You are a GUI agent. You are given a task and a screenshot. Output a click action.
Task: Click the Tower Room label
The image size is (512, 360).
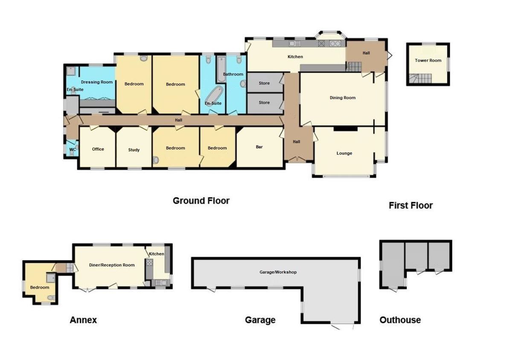tap(428, 61)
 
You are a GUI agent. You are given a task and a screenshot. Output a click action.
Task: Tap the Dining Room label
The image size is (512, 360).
tap(343, 98)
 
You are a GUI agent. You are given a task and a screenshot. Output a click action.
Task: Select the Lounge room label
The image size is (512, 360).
tap(344, 153)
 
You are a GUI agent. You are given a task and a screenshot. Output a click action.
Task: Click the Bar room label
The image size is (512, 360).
tap(259, 147)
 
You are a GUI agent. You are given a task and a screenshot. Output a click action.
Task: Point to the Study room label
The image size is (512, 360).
tap(134, 150)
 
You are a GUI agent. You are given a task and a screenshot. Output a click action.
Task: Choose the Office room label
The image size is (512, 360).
tap(98, 149)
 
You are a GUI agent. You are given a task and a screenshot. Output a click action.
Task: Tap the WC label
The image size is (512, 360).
tap(73, 150)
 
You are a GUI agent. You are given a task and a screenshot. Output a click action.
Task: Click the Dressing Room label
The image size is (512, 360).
tap(97, 82)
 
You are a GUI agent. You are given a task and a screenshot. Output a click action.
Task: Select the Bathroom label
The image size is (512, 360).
tap(233, 74)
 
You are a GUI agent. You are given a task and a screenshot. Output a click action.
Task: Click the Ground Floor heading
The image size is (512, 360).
tap(201, 200)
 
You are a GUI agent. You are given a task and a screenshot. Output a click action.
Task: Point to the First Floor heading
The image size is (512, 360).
tap(410, 206)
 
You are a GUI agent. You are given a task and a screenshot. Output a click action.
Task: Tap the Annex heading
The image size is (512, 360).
tap(83, 320)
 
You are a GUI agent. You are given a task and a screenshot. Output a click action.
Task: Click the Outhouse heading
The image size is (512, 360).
tap(400, 320)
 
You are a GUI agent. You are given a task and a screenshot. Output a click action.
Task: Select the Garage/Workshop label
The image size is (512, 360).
tap(278, 272)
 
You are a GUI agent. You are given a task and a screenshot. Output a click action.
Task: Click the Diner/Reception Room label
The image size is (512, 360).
tap(112, 265)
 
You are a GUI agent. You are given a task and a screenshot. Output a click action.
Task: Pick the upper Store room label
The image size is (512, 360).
tap(264, 83)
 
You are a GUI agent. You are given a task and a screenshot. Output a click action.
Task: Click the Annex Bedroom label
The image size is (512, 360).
tap(40, 287)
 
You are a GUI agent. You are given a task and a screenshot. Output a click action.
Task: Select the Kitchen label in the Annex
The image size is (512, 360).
tap(157, 254)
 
